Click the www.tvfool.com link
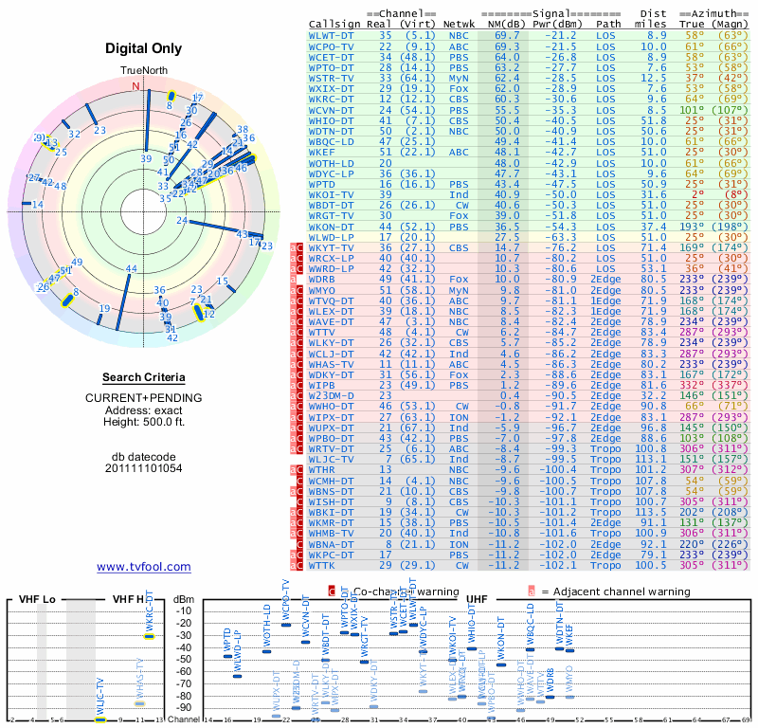pyautogui.click(x=143, y=567)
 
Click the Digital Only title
pyautogui.click(x=143, y=48)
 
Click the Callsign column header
pyautogui.click(x=334, y=24)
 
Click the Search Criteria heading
pyautogui.click(x=143, y=377)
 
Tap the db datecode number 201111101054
pyautogui.click(x=143, y=467)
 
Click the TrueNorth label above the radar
pyautogui.click(x=143, y=71)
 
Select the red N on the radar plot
pyautogui.click(x=135, y=86)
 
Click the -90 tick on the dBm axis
pyautogui.click(x=183, y=708)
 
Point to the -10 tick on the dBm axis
pyautogui.click(x=183, y=610)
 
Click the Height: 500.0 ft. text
pyautogui.click(x=143, y=422)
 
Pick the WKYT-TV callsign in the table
pyautogui.click(x=332, y=246)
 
